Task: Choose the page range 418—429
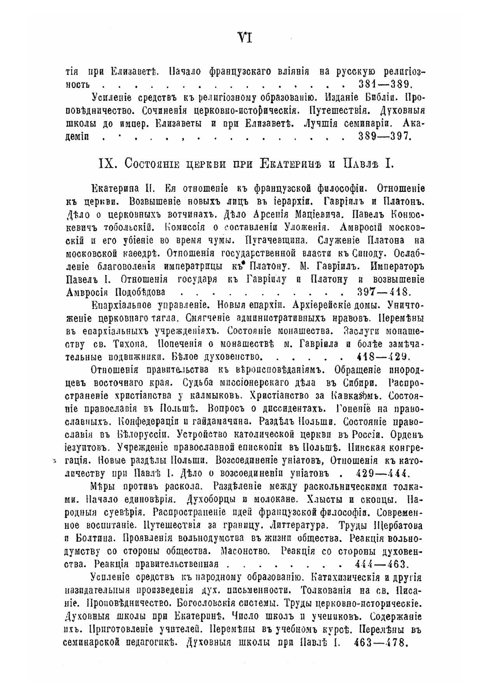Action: (x=384, y=357)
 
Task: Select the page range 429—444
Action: (x=384, y=474)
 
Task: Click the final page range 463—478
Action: (x=380, y=642)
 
